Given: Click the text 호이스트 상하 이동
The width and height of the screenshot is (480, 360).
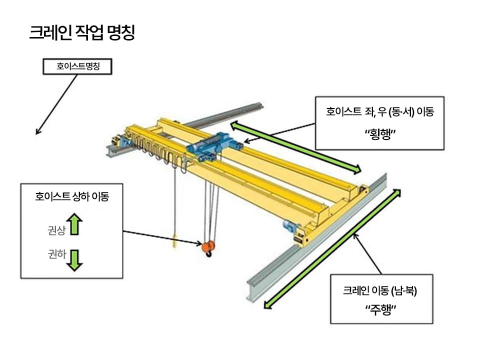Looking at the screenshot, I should click(x=72, y=196).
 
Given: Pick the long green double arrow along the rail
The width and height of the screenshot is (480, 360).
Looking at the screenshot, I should click(x=332, y=248).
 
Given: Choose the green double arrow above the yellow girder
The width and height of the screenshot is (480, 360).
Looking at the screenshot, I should click(x=295, y=147).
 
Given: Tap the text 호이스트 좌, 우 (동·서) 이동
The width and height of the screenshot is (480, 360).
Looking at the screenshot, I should click(x=380, y=112).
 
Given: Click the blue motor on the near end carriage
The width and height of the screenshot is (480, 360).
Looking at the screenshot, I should click(x=290, y=226).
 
